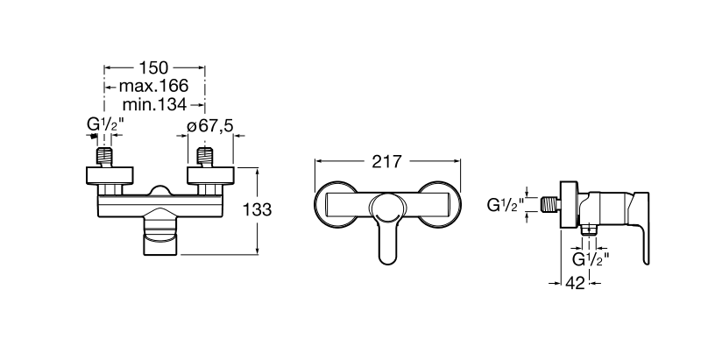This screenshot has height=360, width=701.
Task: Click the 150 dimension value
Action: tap(154, 68)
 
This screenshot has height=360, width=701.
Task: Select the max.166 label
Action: tap(153, 85)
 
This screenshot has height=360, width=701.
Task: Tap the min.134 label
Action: tap(154, 104)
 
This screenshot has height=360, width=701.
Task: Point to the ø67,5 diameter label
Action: tap(210, 125)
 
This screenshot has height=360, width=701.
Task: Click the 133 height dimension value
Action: tap(257, 209)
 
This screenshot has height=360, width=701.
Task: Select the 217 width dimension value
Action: tap(387, 162)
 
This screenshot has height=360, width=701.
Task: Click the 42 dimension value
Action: tap(575, 283)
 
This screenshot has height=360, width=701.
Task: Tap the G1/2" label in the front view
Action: tap(105, 124)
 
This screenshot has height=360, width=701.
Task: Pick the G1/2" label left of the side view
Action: tap(506, 205)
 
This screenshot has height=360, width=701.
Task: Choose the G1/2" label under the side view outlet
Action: tap(591, 259)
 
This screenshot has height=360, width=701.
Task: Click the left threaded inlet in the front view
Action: tap(104, 157)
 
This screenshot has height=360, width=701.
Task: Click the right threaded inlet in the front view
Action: tap(205, 157)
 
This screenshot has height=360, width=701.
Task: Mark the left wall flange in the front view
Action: tap(110, 175)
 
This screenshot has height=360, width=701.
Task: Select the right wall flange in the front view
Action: tap(211, 175)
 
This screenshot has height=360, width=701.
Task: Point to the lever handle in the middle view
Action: tap(388, 228)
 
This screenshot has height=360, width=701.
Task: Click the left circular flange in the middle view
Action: tap(336, 204)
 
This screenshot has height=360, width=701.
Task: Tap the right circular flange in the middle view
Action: tap(440, 204)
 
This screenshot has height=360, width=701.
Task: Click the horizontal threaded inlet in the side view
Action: tap(550, 205)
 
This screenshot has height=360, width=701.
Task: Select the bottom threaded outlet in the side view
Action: tap(589, 229)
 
